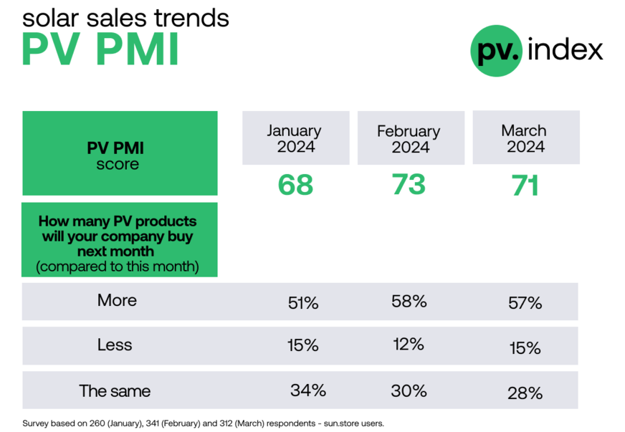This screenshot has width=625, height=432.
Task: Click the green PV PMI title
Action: (100, 49)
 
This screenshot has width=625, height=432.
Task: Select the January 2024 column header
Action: (295, 138)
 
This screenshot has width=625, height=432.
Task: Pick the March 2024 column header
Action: (524, 138)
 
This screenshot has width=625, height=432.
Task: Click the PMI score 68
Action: (295, 185)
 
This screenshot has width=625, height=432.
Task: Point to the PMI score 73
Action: (409, 184)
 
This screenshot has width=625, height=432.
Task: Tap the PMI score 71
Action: (525, 186)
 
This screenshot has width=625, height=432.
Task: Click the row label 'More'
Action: (117, 300)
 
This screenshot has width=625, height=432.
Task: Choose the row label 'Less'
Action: (115, 345)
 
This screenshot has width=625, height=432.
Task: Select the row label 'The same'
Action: (115, 391)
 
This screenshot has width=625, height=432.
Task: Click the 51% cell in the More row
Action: (302, 303)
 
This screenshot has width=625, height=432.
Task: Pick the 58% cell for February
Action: (409, 302)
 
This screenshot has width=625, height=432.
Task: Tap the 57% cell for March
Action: (525, 303)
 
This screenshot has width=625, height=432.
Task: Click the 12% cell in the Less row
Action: (409, 345)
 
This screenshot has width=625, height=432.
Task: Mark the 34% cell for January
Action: (308, 390)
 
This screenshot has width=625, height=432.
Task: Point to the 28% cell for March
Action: (525, 393)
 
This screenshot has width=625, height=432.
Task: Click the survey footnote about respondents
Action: (204, 423)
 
